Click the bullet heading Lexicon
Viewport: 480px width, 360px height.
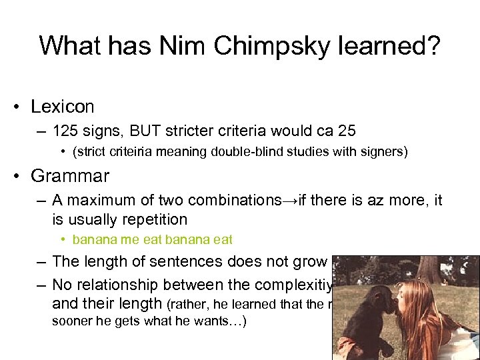coord(62,107)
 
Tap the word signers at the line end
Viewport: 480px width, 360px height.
coord(382,151)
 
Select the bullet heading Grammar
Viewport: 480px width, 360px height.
coord(70,176)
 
